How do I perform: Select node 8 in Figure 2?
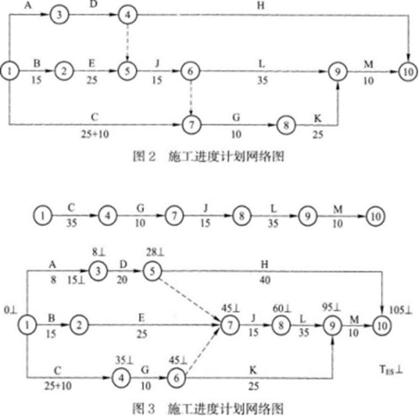click(x=285, y=125)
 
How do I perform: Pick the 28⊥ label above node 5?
click(x=151, y=248)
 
